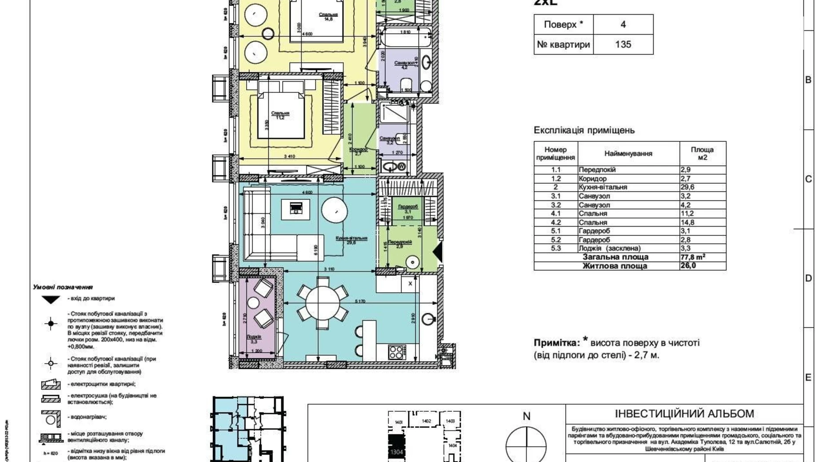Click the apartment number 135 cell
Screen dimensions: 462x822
(623, 44)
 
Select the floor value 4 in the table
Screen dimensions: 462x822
(623, 24)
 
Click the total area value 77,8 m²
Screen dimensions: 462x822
(693, 257)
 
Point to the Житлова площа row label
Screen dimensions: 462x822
(615, 266)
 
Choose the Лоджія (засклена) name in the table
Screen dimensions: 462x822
(610, 248)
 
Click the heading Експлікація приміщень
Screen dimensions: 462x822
(584, 130)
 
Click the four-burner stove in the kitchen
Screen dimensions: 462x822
(395, 352)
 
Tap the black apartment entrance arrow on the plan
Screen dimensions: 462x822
(438, 252)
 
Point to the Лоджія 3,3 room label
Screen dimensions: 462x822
(254, 339)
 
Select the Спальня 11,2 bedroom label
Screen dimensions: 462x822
(280, 115)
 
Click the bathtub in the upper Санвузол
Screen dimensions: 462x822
(404, 38)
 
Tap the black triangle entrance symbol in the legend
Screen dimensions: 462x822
(51, 300)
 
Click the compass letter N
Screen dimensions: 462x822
(527, 416)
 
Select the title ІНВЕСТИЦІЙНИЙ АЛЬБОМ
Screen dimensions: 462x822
(684, 414)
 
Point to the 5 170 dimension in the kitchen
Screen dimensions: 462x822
(360, 302)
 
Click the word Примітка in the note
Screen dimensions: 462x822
(556, 343)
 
